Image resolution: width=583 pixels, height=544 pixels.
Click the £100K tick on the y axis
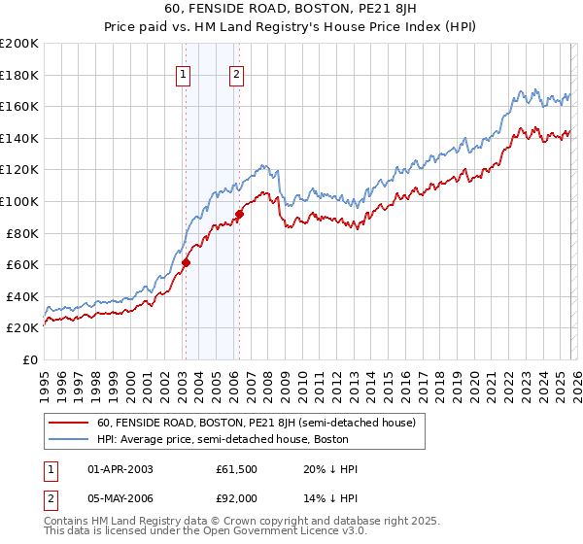pos(19,201)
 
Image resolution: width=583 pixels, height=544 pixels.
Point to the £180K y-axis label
pos(19,75)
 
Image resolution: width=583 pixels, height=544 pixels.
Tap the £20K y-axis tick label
pos(21,328)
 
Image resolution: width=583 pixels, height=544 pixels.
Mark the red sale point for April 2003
pos(186,262)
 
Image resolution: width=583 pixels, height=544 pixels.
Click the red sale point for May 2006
pos(239,214)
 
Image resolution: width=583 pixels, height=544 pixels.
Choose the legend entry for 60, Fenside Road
pos(256,423)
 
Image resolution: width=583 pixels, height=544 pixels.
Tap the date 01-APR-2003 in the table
pos(120,469)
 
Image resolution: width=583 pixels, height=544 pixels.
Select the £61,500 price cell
pos(237,469)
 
